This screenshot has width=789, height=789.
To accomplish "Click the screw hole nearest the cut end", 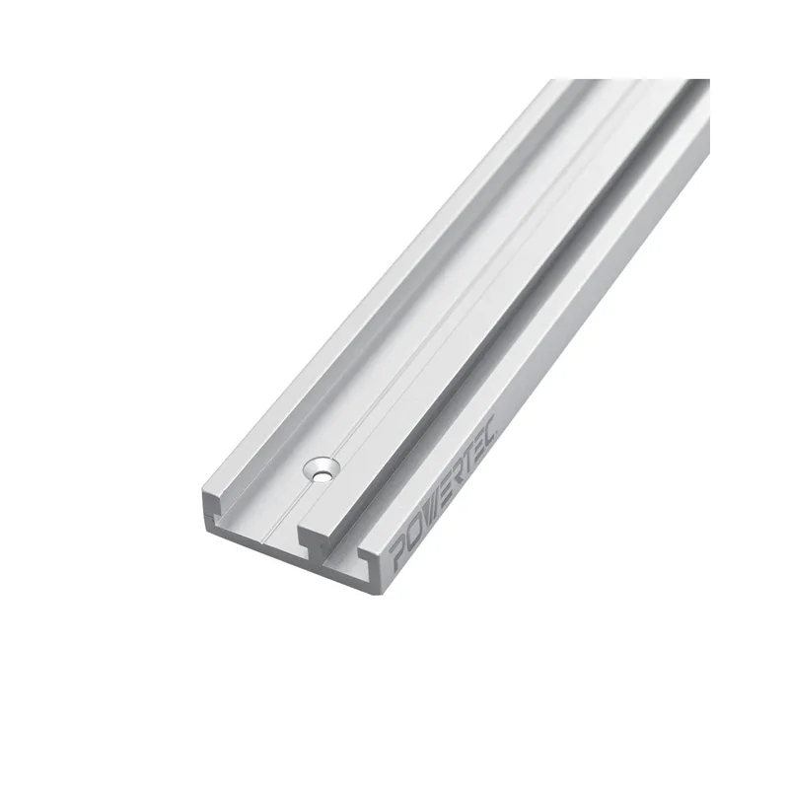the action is point(322,470).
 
